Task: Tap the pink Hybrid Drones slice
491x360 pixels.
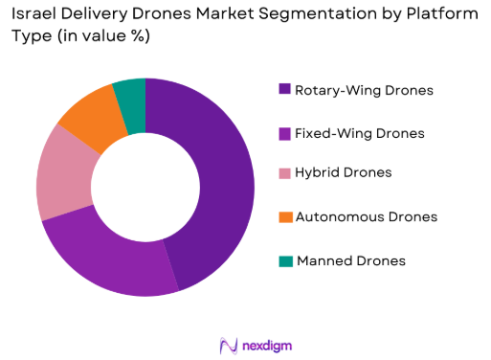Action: point(58,182)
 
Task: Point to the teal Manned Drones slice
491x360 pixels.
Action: point(130,94)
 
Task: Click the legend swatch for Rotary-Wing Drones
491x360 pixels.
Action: point(284,90)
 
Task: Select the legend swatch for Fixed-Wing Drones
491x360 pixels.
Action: point(284,132)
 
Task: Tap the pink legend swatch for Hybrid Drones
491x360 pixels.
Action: point(284,173)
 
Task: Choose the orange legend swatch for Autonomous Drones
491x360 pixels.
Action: point(284,216)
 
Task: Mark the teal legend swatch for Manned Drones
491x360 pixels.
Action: point(284,260)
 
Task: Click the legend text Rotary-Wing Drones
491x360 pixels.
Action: point(364,90)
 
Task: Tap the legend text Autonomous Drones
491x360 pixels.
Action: point(367,216)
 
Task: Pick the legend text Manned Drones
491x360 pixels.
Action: point(351,260)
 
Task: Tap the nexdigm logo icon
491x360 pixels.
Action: point(228,344)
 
